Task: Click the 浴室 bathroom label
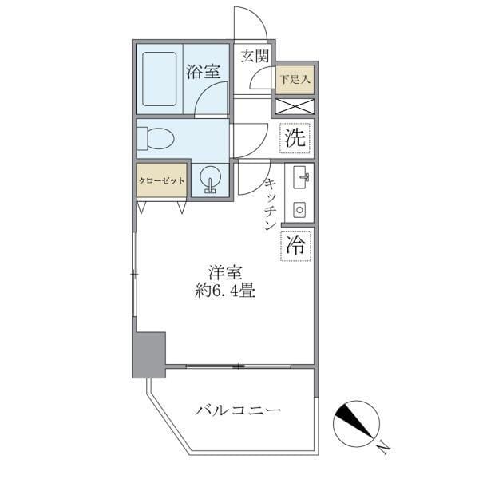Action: tap(203, 72)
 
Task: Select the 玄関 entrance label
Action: tap(255, 56)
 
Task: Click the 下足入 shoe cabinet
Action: tap(295, 79)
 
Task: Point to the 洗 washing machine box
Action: tap(295, 137)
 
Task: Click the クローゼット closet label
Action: tap(162, 180)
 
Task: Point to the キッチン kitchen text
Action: tap(270, 205)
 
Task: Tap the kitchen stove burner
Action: tap(299, 209)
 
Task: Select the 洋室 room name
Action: tap(227, 272)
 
